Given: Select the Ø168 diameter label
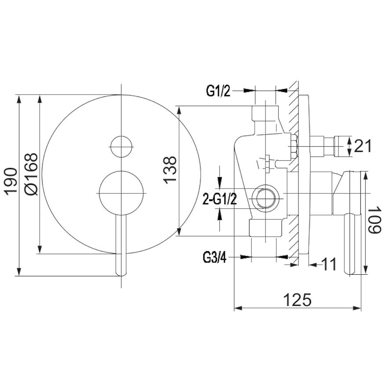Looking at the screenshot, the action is [x=32, y=174].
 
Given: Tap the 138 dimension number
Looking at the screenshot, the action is [x=169, y=170].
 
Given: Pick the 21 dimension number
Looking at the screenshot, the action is [x=362, y=146].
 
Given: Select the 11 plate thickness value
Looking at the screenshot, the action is [x=329, y=264].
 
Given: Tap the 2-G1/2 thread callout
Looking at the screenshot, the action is [x=220, y=199].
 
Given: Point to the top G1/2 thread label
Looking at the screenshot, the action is [x=218, y=91].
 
